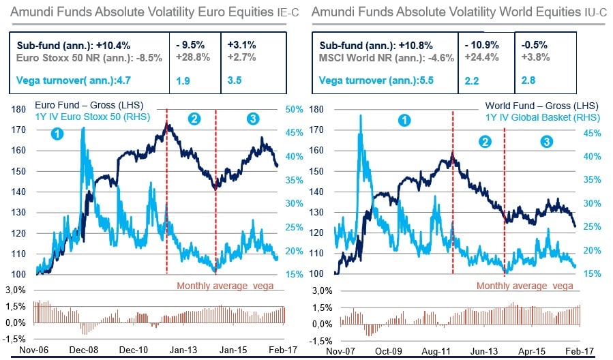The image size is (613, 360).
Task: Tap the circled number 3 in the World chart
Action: pos(547,141)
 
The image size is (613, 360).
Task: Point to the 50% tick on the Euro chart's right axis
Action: pos(295,109)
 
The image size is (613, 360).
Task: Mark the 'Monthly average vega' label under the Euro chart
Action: pos(225,285)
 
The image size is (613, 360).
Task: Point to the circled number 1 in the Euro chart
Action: pos(58,134)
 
